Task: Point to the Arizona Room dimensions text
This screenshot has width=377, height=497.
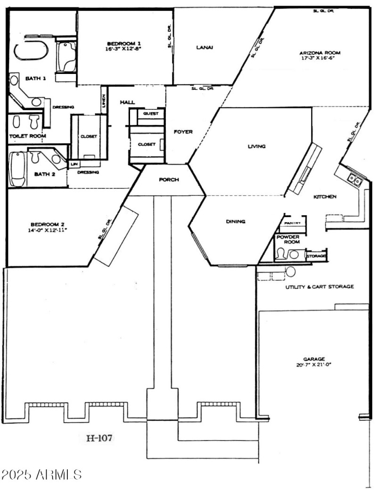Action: click(320, 59)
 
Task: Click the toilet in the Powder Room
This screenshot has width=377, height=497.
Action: click(281, 255)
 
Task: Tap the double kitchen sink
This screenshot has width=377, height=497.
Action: click(354, 179)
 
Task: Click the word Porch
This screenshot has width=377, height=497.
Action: click(168, 179)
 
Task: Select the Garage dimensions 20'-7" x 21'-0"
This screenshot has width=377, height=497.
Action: click(311, 364)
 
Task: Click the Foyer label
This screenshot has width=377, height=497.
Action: click(183, 132)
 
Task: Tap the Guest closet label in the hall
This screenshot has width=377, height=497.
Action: click(151, 114)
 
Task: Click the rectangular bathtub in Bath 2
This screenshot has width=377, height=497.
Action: click(17, 169)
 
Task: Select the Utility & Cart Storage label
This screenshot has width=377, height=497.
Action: click(320, 286)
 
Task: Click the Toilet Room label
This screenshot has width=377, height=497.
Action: click(28, 136)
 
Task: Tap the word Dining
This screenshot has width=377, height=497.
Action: click(236, 221)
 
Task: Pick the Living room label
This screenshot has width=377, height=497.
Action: click(257, 147)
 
